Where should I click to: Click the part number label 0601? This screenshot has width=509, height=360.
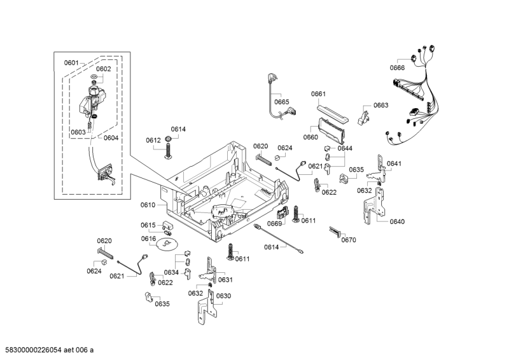tap(71, 62)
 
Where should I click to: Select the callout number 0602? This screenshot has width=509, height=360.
tap(104, 69)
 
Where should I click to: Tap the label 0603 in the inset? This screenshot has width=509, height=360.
tap(78, 132)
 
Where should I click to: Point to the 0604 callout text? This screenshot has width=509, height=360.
tap(111, 138)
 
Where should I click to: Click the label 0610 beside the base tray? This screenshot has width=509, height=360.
tap(148, 205)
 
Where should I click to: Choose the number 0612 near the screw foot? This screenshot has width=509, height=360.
tap(153, 141)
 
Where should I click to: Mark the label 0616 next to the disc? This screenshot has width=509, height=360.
tap(148, 239)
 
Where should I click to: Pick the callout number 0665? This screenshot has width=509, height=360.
tap(281, 102)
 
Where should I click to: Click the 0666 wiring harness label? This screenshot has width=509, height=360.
tap(397, 68)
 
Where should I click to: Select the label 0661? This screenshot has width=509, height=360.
tap(318, 94)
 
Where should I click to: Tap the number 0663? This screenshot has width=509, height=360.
tap(380, 106)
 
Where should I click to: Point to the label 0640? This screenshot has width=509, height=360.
tap(397, 221)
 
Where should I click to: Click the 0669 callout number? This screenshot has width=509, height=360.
tap(274, 223)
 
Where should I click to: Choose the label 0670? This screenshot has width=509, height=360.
tap(349, 240)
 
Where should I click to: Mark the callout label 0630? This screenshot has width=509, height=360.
tap(223, 296)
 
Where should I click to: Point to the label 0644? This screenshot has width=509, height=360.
tap(345, 148)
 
